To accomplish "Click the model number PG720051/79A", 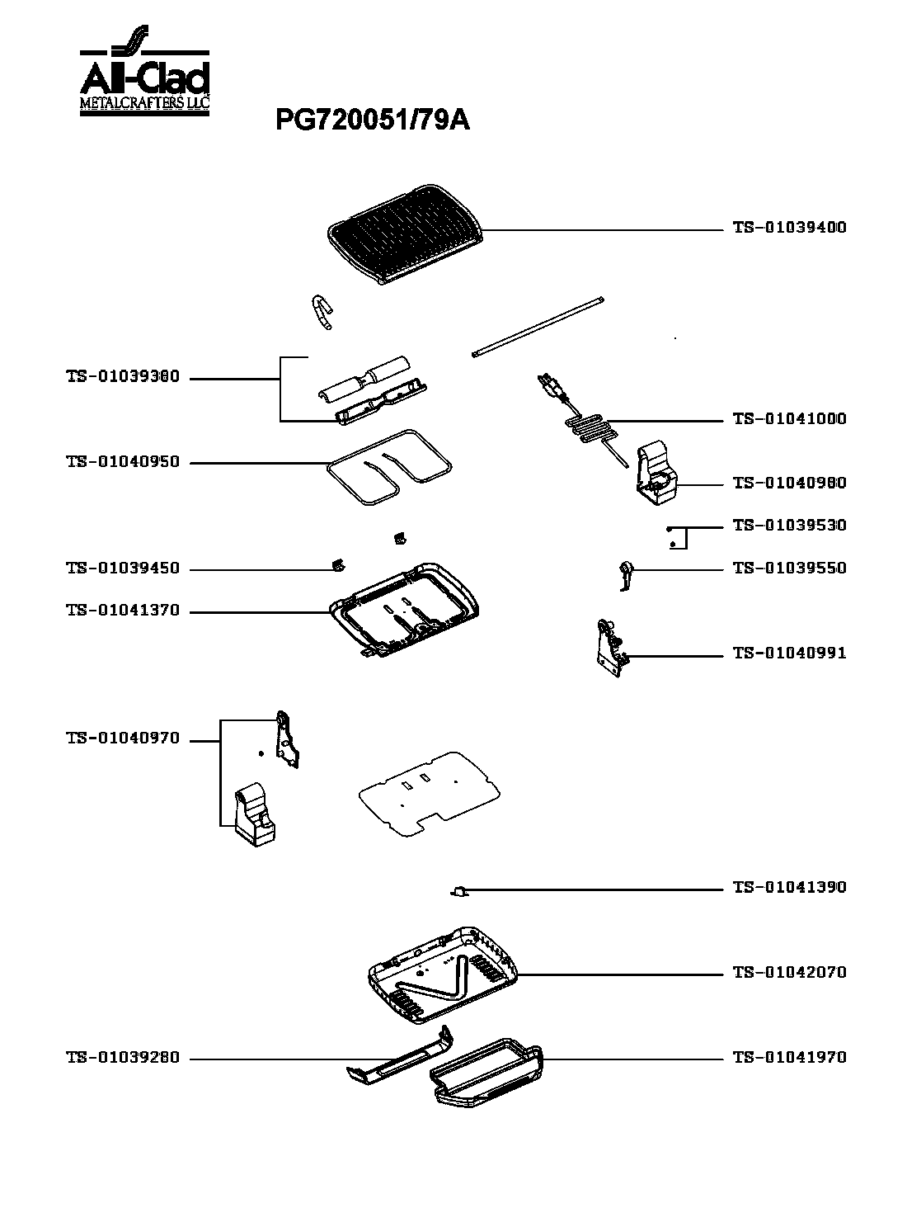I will pos(373,121).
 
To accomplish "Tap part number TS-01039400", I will pos(789,227).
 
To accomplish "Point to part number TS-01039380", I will pos(123,378).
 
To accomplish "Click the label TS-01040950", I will pos(123,462).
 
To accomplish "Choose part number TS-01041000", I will pos(789,419).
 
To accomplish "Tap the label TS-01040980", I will pos(789,483).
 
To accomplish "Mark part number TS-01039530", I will pos(789,526).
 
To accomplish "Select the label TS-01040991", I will pos(789,653).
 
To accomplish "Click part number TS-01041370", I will pos(123,611).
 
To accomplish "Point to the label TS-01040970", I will pos(123,738).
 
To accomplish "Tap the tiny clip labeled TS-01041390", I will pos(459,891).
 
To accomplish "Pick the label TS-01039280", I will pos(123,1058).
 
